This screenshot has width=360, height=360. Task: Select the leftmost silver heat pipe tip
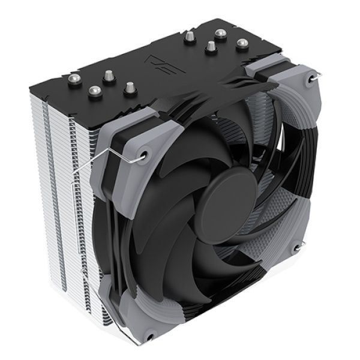pyautogui.click(x=93, y=91)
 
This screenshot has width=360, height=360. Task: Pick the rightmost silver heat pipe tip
pyautogui.click(x=242, y=44)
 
